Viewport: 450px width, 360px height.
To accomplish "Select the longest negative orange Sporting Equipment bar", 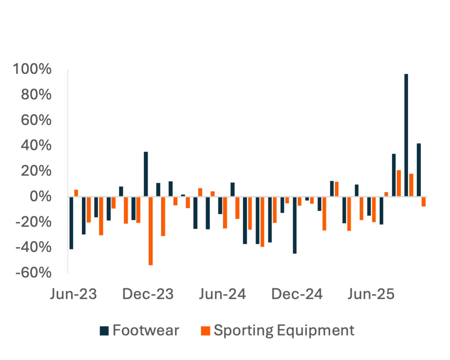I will (x=151, y=231).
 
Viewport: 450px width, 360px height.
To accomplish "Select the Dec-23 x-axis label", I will (x=148, y=295).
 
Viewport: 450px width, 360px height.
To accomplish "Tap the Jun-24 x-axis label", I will (x=222, y=295).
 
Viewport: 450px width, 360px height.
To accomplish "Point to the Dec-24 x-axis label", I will (x=297, y=295).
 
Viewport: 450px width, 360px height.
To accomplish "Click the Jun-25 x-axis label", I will (x=371, y=295).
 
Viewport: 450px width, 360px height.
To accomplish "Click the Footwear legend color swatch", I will (x=105, y=331).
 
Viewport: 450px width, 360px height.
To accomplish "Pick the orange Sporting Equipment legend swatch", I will (x=205, y=331).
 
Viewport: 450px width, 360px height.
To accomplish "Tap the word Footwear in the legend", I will (x=146, y=331).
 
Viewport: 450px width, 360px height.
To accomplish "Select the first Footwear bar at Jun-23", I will (x=71, y=223).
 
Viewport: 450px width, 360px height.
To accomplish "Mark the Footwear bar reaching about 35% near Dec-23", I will (x=146, y=174).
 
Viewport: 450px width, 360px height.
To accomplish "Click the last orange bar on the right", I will (x=423, y=202).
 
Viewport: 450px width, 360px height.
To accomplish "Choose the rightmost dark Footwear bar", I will (x=418, y=170).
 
